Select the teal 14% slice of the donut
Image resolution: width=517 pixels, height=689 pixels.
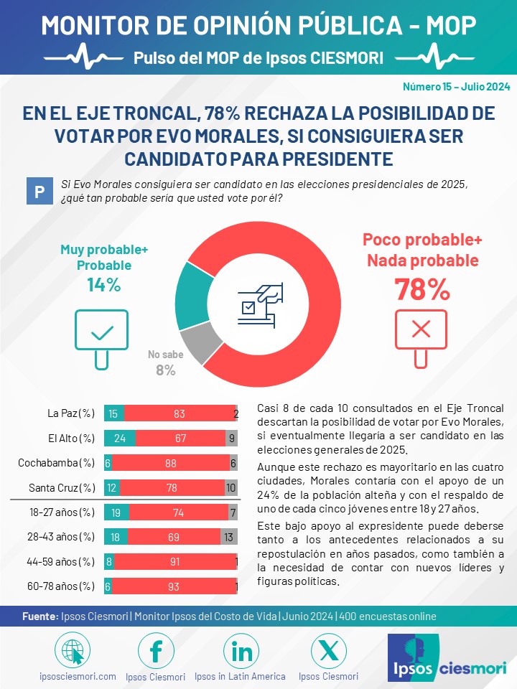tap(192, 296)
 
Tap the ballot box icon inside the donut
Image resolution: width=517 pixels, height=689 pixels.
tap(260, 304)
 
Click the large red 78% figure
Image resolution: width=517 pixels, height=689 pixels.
tap(422, 289)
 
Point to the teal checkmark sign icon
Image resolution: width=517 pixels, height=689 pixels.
tap(101, 338)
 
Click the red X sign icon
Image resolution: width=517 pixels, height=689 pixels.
tap(421, 338)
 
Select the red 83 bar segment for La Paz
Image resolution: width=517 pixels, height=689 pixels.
tap(180, 413)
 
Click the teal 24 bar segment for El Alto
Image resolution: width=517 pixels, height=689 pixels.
tap(120, 438)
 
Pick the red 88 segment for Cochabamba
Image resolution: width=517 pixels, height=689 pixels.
tap(171, 463)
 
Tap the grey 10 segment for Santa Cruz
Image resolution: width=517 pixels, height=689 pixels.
tap(231, 488)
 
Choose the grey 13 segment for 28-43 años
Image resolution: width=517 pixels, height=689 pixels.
tap(229, 537)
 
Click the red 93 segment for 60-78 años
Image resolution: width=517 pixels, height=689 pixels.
tap(174, 586)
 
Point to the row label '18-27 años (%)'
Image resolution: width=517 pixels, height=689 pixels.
tap(62, 512)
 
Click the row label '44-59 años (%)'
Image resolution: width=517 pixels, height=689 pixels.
tap(60, 561)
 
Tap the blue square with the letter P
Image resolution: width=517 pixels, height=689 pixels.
tap(39, 191)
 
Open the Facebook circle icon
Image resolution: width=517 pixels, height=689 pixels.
tap(156, 651)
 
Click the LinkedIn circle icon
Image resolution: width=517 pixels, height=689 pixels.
tap(241, 651)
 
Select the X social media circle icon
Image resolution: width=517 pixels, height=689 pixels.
tap(328, 651)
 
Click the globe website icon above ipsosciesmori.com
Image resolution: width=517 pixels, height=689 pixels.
tap(73, 651)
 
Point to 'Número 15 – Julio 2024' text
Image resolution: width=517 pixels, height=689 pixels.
tap(457, 87)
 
